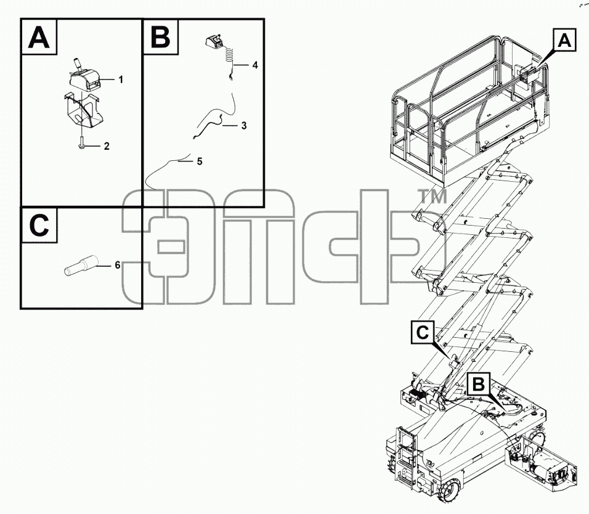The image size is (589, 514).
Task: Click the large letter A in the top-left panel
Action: click(x=39, y=37)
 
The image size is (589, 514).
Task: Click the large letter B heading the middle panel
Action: click(x=160, y=37)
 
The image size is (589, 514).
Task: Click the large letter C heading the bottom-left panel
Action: click(x=39, y=225)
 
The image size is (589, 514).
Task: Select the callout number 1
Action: click(x=121, y=80)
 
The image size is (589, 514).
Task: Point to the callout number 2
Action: click(x=107, y=146)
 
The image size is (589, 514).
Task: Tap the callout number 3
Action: click(x=244, y=126)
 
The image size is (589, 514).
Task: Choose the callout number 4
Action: click(x=255, y=65)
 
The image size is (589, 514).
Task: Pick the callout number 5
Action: click(x=200, y=161)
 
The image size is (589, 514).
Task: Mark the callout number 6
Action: click(x=118, y=265)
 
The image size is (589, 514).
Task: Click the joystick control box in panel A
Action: click(x=84, y=78)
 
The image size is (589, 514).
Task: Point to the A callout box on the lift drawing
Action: click(x=564, y=39)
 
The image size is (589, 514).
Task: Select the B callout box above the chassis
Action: click(x=479, y=384)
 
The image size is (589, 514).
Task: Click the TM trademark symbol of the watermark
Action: click(x=433, y=197)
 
